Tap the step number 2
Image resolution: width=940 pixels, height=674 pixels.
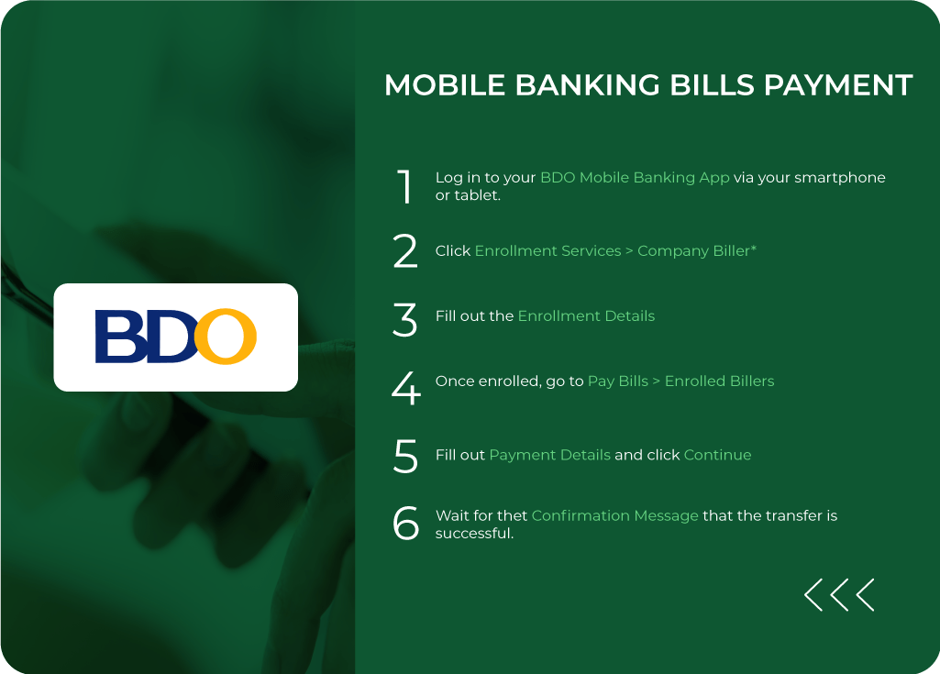(x=405, y=251)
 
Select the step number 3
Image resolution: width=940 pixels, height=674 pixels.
(x=405, y=319)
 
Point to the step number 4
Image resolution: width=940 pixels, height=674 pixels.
(x=405, y=389)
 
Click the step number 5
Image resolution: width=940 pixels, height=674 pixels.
(x=405, y=456)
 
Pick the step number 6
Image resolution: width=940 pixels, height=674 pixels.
(x=405, y=524)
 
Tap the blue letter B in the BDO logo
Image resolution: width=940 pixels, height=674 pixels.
(x=116, y=337)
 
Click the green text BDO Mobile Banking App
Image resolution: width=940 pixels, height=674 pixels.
(x=635, y=178)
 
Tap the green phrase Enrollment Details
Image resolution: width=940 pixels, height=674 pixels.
(x=586, y=316)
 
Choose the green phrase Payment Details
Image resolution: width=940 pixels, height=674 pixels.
(x=549, y=455)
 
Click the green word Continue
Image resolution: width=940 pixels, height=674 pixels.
(x=717, y=455)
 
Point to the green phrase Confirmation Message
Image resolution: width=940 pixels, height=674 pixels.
(x=614, y=516)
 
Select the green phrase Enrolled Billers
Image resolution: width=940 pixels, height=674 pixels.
(x=719, y=381)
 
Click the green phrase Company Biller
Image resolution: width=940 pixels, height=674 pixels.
(x=693, y=251)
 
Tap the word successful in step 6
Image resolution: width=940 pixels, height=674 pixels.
(x=473, y=534)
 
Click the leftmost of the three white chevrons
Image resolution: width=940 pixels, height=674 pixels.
(x=813, y=595)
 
